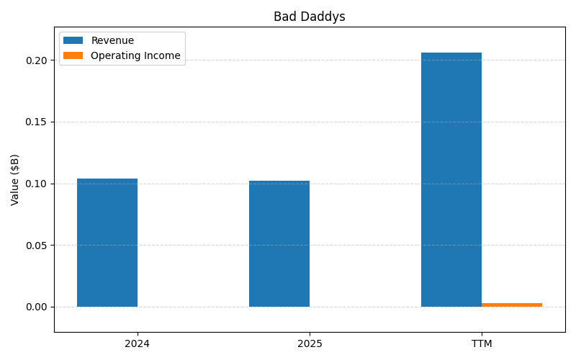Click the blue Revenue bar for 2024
click(x=107, y=243)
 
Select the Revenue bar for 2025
click(x=279, y=243)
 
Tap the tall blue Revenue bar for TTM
click(x=451, y=180)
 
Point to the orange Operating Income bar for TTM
click(x=512, y=305)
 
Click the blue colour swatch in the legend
click(x=73, y=41)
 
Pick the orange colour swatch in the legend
click(x=73, y=55)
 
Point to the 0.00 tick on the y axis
click(x=36, y=307)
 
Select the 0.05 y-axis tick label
click(x=36, y=246)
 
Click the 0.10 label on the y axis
click(x=36, y=184)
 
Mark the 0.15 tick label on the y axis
click(x=36, y=122)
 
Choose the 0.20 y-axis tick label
click(x=36, y=60)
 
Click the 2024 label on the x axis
click(x=137, y=344)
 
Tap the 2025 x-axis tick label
click(x=310, y=344)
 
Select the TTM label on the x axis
click(x=482, y=344)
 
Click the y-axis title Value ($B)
click(x=15, y=179)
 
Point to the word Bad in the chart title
click(x=284, y=17)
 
